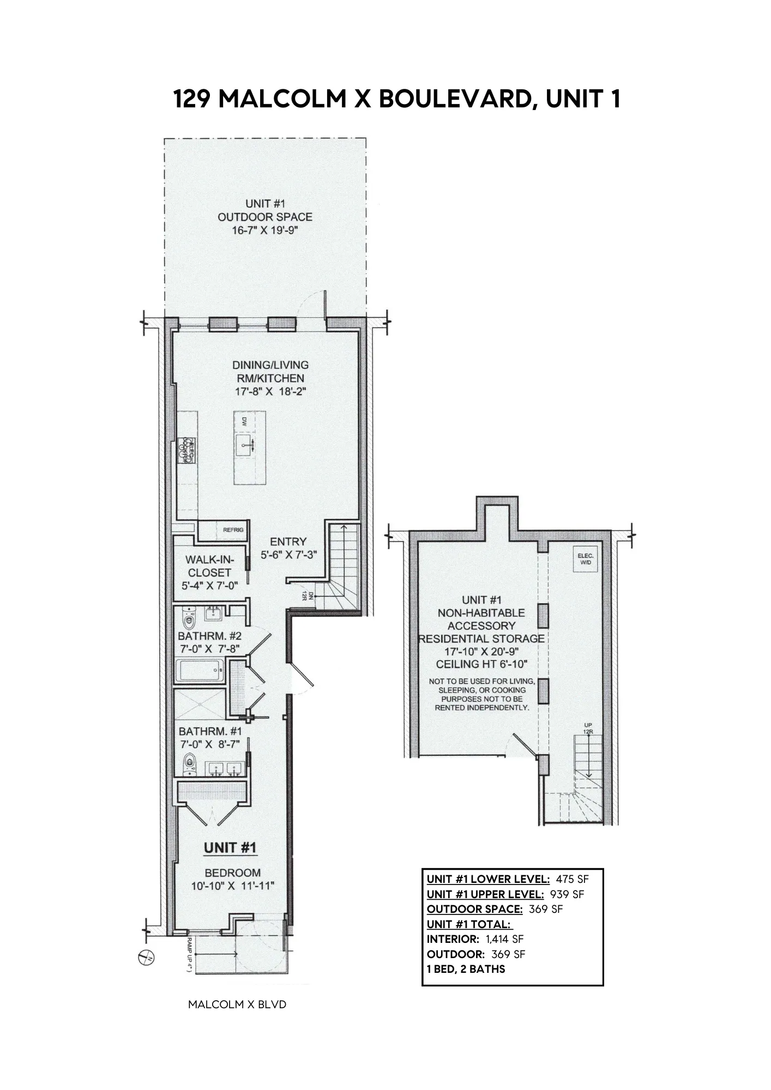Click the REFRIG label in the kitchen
coord(233,530)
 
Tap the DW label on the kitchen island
coord(244,421)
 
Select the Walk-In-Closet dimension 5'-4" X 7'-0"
coord(210,586)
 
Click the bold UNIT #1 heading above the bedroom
coord(230,848)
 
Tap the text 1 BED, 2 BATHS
coord(466,969)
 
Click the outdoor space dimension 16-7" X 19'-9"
coord(265,230)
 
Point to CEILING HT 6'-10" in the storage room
coord(481,664)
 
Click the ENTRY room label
coord(288,542)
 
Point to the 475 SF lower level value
coord(572,879)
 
